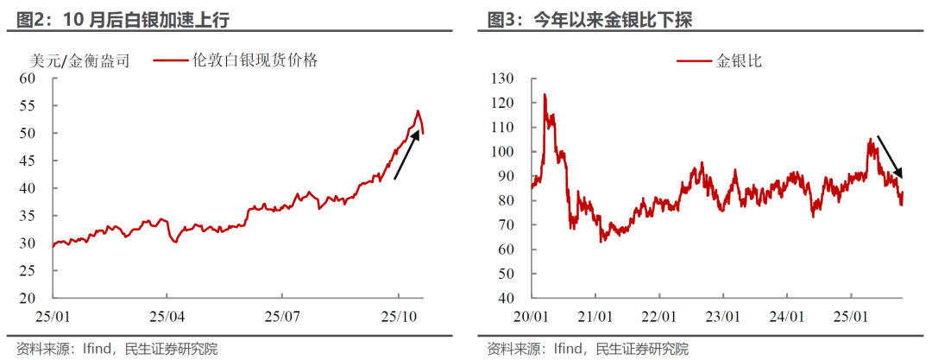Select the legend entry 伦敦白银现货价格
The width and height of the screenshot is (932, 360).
237,60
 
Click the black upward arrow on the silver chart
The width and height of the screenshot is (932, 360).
406,155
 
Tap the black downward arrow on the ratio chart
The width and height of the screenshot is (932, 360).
890,156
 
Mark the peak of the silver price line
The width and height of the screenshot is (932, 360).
418,111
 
